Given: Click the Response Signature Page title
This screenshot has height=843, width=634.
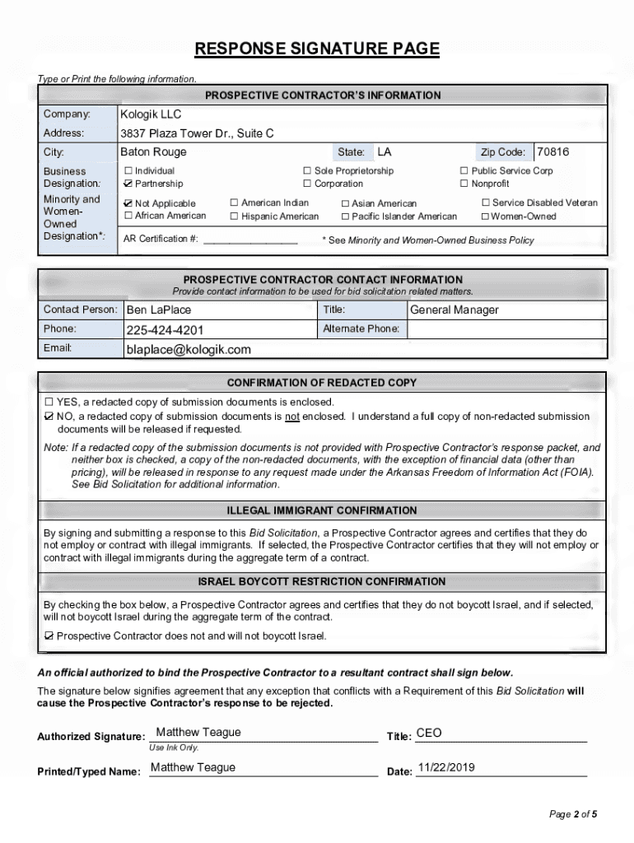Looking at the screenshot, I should tap(317, 49).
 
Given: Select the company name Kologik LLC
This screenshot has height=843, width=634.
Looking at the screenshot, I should tap(151, 114).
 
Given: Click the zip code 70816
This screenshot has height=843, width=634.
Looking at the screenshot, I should tap(553, 152).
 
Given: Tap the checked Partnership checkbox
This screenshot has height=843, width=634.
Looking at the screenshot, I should tap(128, 184).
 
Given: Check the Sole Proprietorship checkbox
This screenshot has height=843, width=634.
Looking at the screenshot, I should tap(308, 171).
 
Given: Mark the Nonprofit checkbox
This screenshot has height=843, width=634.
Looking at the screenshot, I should tap(464, 184).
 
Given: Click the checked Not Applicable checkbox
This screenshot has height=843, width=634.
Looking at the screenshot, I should tap(128, 203).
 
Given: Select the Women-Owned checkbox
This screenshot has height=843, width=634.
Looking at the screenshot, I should tap(486, 217).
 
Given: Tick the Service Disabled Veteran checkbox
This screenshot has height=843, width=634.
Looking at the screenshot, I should tap(486, 203).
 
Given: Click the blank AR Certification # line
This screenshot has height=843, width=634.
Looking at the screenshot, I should tap(250, 240).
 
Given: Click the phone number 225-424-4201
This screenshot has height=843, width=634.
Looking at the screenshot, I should tap(165, 330).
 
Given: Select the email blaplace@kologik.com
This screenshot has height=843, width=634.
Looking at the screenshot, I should tap(189, 350).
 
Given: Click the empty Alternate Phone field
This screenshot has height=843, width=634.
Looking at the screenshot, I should tap(506, 329).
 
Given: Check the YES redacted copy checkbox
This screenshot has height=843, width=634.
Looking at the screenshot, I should tap(49, 402).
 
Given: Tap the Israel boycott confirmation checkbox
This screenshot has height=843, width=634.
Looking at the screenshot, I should tap(49, 636).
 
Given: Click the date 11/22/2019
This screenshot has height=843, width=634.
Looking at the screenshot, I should tap(446, 768).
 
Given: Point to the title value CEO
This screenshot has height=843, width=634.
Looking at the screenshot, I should tap(429, 734).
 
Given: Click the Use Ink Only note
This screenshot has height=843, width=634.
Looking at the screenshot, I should tap(174, 748).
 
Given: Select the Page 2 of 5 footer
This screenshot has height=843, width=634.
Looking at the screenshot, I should tap(573, 815).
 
